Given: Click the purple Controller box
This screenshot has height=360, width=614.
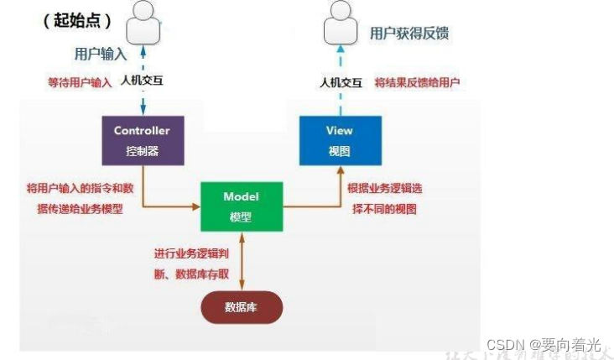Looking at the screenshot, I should click(x=142, y=139).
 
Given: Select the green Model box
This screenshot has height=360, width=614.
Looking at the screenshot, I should click(x=241, y=206).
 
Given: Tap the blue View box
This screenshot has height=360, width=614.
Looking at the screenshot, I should click(x=340, y=139).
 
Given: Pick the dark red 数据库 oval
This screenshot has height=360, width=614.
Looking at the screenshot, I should click(x=241, y=307).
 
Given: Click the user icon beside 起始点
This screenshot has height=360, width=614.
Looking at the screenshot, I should click(x=143, y=23).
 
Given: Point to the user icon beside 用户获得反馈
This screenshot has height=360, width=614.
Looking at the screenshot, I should click(x=340, y=23).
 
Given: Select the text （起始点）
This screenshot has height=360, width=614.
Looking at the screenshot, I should click(x=77, y=21).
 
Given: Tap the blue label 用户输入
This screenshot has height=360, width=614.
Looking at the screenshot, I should click(x=99, y=54).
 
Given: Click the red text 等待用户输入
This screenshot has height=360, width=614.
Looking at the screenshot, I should click(x=79, y=83).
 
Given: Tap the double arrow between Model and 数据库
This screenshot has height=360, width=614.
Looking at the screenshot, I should click(x=241, y=260).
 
